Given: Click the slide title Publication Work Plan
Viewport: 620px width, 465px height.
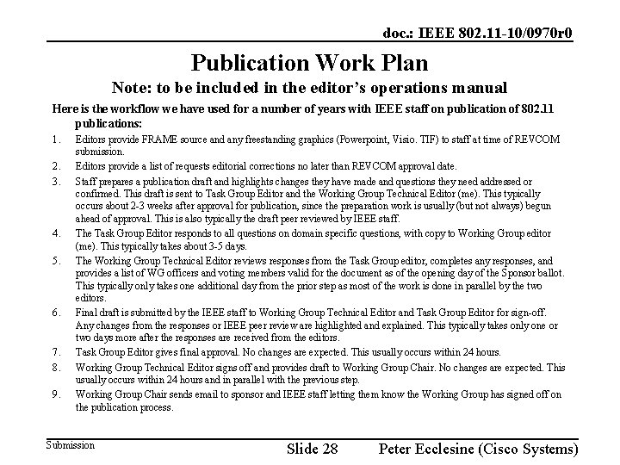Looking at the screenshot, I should [x=309, y=63].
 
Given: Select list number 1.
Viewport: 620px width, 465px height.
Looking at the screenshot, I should [x=55, y=139].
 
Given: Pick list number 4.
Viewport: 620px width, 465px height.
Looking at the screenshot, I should [x=55, y=232].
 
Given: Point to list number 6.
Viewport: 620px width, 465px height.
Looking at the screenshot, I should [x=55, y=313].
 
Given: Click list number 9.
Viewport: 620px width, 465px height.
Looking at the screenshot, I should [x=55, y=394].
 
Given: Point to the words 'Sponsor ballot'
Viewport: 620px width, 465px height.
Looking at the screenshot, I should [x=527, y=273].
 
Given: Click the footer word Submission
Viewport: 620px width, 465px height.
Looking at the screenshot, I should [x=70, y=445].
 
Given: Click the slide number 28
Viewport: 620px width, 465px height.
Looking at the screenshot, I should [x=328, y=449].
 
